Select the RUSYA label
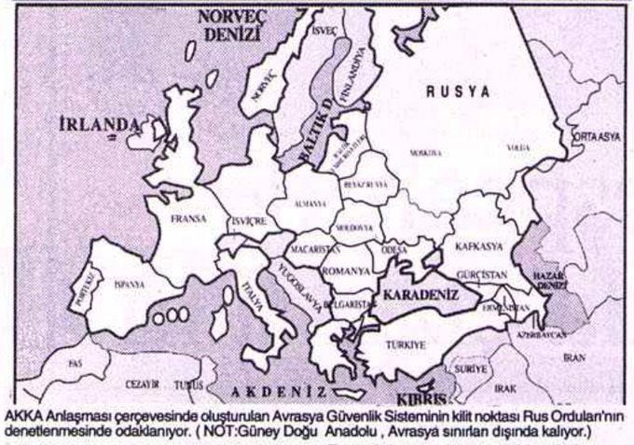click(x=458, y=91)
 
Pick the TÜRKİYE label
click(x=407, y=344)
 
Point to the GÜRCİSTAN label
click(x=483, y=277)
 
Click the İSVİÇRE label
click(x=250, y=223)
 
